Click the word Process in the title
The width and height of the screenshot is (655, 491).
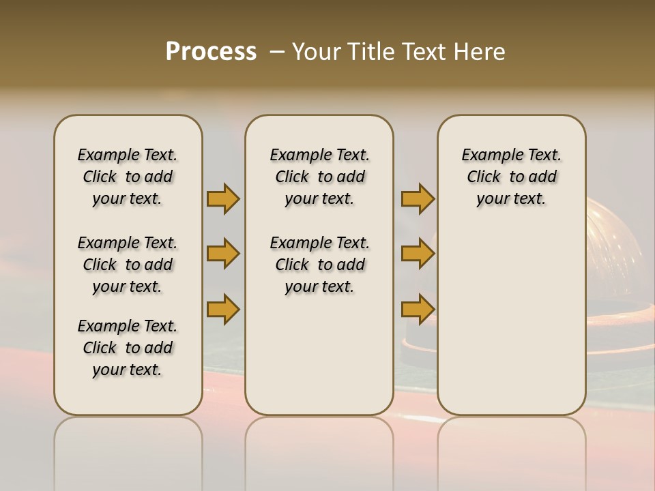tap(211, 52)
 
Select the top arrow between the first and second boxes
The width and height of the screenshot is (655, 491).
tap(223, 198)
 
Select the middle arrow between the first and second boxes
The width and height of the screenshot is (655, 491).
tap(223, 254)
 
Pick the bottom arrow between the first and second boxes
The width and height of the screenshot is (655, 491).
tap(223, 309)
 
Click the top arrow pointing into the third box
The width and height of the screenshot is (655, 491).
tap(418, 198)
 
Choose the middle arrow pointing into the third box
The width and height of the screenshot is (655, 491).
tap(418, 254)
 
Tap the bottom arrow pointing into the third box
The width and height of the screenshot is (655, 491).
tap(418, 309)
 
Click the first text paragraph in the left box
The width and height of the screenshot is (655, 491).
tap(128, 177)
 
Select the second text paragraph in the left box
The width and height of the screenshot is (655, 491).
tap(128, 265)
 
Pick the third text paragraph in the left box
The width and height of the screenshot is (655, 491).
tap(128, 348)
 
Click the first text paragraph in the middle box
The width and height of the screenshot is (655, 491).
tap(319, 177)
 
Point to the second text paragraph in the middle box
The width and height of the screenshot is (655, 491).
tap(319, 265)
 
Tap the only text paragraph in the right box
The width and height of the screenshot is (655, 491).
tap(511, 177)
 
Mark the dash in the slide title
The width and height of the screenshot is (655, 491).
tap(277, 52)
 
